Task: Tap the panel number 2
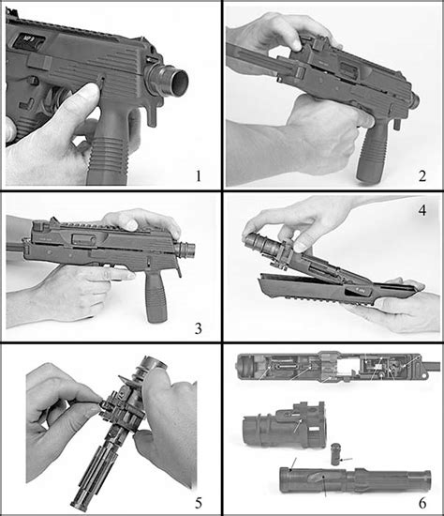pos(422,175)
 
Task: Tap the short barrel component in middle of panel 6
pos(281,428)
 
